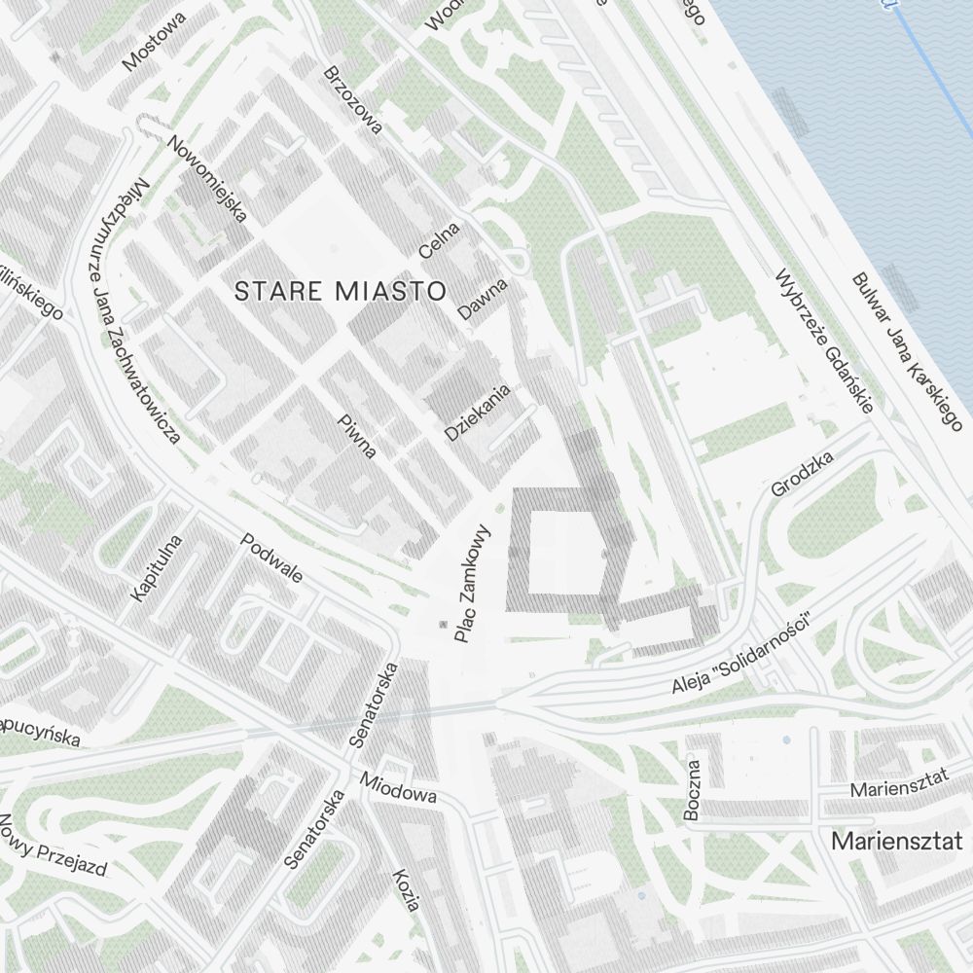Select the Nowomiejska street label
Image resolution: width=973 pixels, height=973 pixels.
pos(208,179)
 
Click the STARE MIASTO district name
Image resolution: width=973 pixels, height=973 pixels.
pos(341,290)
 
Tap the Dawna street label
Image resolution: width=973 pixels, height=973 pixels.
pos(484,300)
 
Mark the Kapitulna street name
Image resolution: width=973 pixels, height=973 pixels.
pos(157,566)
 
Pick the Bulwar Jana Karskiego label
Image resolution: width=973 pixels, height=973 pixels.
pos(906,351)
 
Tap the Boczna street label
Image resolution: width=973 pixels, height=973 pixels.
pos(692,790)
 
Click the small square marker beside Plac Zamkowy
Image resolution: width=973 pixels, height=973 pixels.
pos(444,623)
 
